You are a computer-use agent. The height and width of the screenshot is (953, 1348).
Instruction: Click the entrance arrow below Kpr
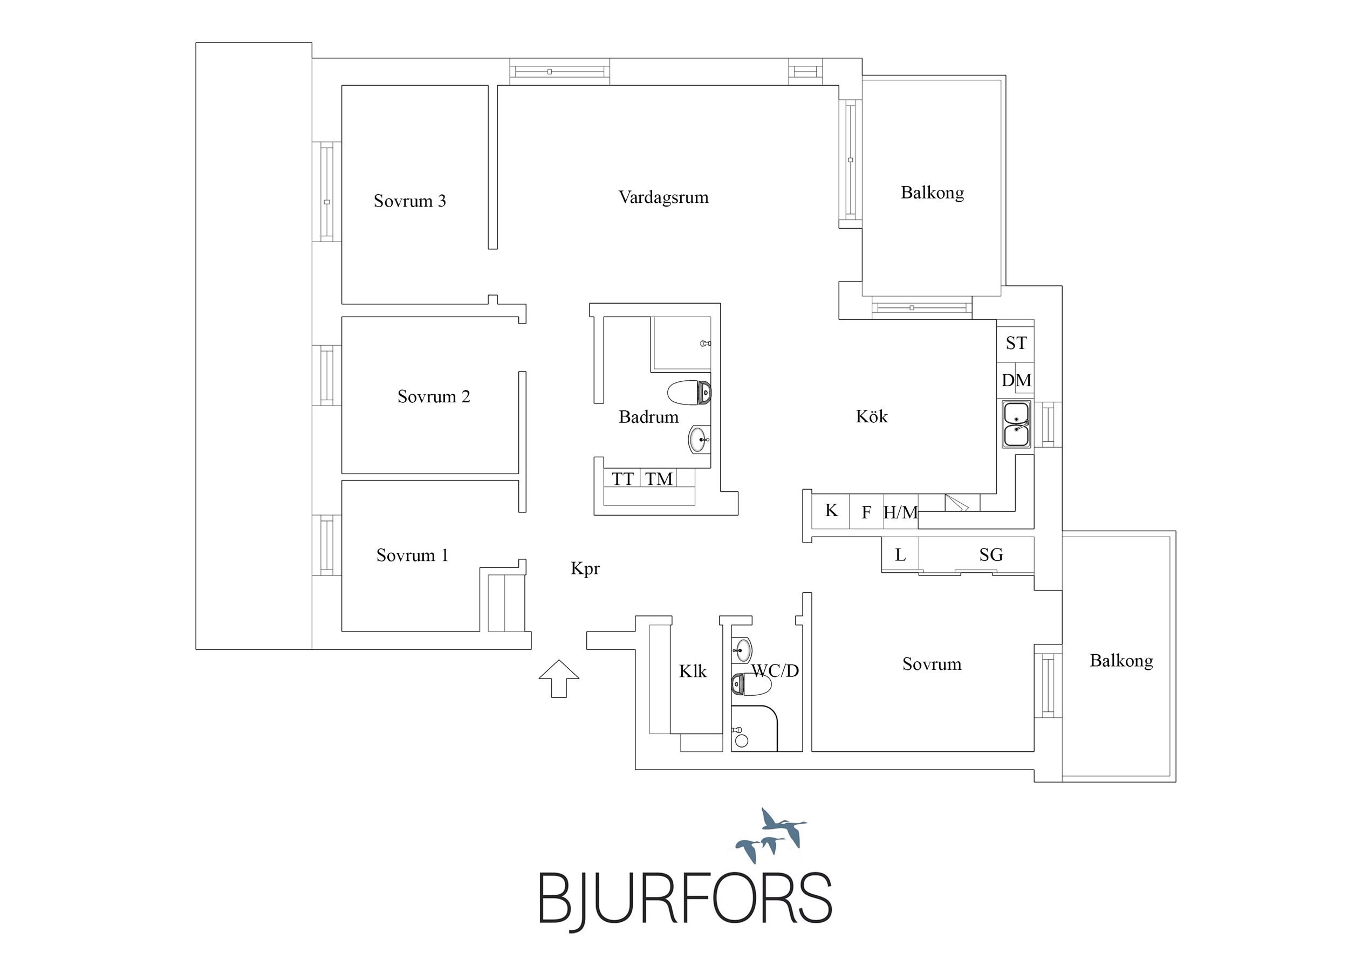559,679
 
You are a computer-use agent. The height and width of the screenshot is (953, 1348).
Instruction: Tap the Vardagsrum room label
663,197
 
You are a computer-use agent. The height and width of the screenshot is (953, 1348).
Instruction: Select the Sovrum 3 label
410,201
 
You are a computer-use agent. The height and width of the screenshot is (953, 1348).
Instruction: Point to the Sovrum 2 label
434,396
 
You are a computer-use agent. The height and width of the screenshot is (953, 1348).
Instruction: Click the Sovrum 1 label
412,555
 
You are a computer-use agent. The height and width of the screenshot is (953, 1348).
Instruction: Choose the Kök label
872,416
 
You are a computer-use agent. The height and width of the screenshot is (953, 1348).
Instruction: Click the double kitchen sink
1017,424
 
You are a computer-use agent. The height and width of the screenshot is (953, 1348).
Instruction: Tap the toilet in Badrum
690,393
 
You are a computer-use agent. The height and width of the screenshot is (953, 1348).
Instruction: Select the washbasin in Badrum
699,439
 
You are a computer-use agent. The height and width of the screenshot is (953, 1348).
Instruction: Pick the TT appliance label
622,479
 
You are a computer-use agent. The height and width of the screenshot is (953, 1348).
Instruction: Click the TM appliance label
659,479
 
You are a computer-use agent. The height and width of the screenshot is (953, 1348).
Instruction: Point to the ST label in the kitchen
1016,343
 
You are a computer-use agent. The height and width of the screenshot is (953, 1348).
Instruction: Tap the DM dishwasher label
1016,380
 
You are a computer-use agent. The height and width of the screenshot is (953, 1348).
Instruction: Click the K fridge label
831,510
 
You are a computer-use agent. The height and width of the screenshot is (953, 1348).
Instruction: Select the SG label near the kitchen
991,554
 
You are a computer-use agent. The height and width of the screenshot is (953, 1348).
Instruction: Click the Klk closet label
693,671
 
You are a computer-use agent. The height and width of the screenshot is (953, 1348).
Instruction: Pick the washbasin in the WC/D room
742,649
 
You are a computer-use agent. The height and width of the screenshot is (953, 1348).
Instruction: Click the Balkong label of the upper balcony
932,193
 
